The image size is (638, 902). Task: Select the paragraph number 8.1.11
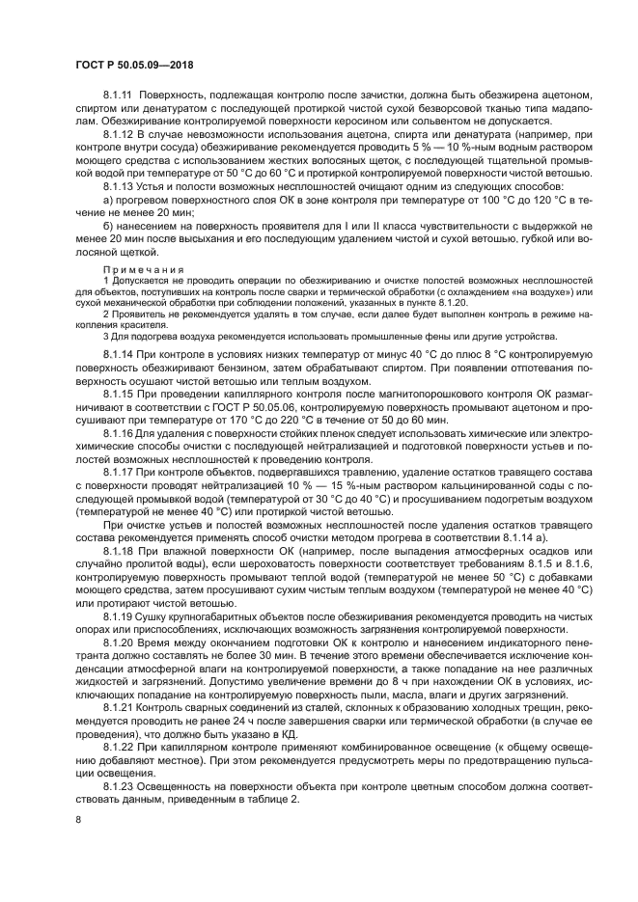coord(121,95)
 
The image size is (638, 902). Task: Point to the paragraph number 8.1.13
coord(121,183)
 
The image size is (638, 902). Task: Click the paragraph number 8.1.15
coord(121,395)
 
